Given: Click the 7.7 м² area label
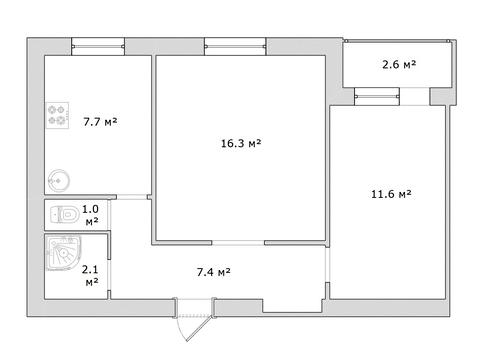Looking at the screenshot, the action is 100,122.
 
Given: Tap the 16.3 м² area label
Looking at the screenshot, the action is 241,143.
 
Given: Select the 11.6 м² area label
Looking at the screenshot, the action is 391,194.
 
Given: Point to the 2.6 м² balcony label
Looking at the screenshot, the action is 399,64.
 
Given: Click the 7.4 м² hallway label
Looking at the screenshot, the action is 213,272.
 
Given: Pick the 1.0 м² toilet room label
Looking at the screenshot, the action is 91,215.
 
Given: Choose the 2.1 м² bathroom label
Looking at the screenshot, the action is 91,275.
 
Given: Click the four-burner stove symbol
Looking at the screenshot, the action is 57,115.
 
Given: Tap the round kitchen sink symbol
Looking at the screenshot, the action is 59,180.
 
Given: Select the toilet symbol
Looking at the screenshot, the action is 64,214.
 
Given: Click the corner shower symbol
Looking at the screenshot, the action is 63,253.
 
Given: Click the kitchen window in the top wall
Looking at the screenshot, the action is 98,46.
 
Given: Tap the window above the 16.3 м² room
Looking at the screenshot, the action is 235,46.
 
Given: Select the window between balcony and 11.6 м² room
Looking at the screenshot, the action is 377,97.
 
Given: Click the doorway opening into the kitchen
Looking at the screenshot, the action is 132,197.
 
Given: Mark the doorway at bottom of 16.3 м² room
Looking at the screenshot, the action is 238,243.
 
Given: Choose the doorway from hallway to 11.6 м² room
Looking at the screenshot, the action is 327,265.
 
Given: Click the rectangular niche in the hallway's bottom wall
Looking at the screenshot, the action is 293,306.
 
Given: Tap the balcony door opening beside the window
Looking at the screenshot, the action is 414,97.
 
